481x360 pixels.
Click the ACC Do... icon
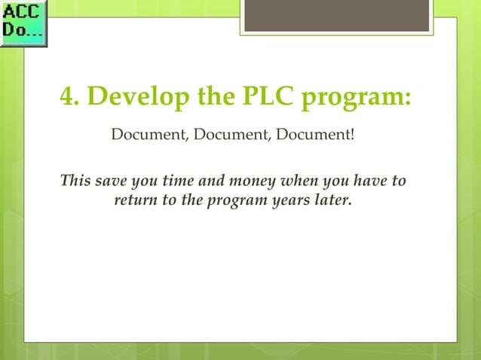point(23,23)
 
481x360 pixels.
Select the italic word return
point(134,201)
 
